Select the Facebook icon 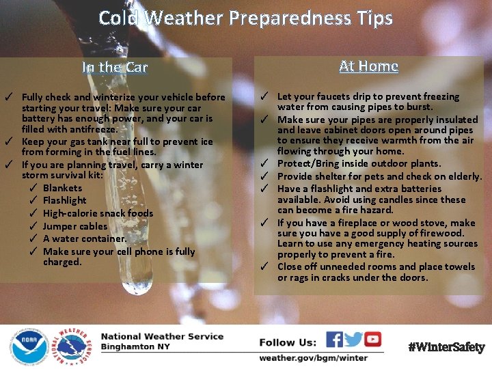[335, 340]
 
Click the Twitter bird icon [354, 340]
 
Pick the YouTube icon [373, 340]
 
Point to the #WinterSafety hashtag [446, 347]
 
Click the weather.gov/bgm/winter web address [313, 357]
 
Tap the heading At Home [368, 66]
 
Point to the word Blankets [62, 188]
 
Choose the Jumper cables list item [75, 226]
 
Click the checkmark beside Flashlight [33, 200]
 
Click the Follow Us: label [288, 342]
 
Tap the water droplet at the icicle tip [137, 285]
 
